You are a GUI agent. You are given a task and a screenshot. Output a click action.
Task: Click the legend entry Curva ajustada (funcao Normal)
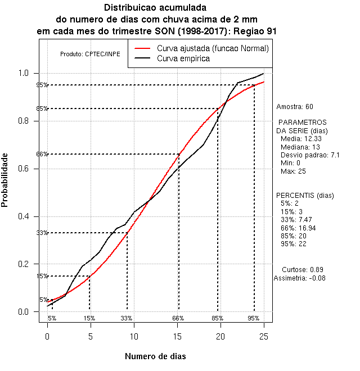pyautogui.click(x=213, y=48)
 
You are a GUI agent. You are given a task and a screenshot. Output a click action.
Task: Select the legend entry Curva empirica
pyautogui.click(x=183, y=58)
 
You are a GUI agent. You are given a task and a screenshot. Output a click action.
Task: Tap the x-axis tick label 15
pyautogui.click(x=177, y=336)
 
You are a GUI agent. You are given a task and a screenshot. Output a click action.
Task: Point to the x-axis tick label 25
pyautogui.click(x=264, y=336)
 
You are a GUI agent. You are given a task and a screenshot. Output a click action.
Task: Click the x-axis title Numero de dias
pyautogui.click(x=155, y=356)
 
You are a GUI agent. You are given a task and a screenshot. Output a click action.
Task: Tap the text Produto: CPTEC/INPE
pyautogui.click(x=90, y=54)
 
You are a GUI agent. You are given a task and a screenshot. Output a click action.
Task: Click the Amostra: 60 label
pyautogui.click(x=294, y=106)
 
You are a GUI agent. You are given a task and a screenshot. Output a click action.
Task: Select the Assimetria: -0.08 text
pyautogui.click(x=299, y=278)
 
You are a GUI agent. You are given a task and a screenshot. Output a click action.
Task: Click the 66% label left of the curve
pyautogui.click(x=42, y=154)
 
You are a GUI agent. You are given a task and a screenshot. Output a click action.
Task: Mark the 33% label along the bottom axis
pyautogui.click(x=127, y=318)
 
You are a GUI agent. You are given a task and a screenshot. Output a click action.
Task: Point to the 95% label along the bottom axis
pyautogui.click(x=253, y=318)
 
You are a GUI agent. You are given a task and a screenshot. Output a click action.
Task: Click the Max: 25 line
pyautogui.click(x=293, y=171)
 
